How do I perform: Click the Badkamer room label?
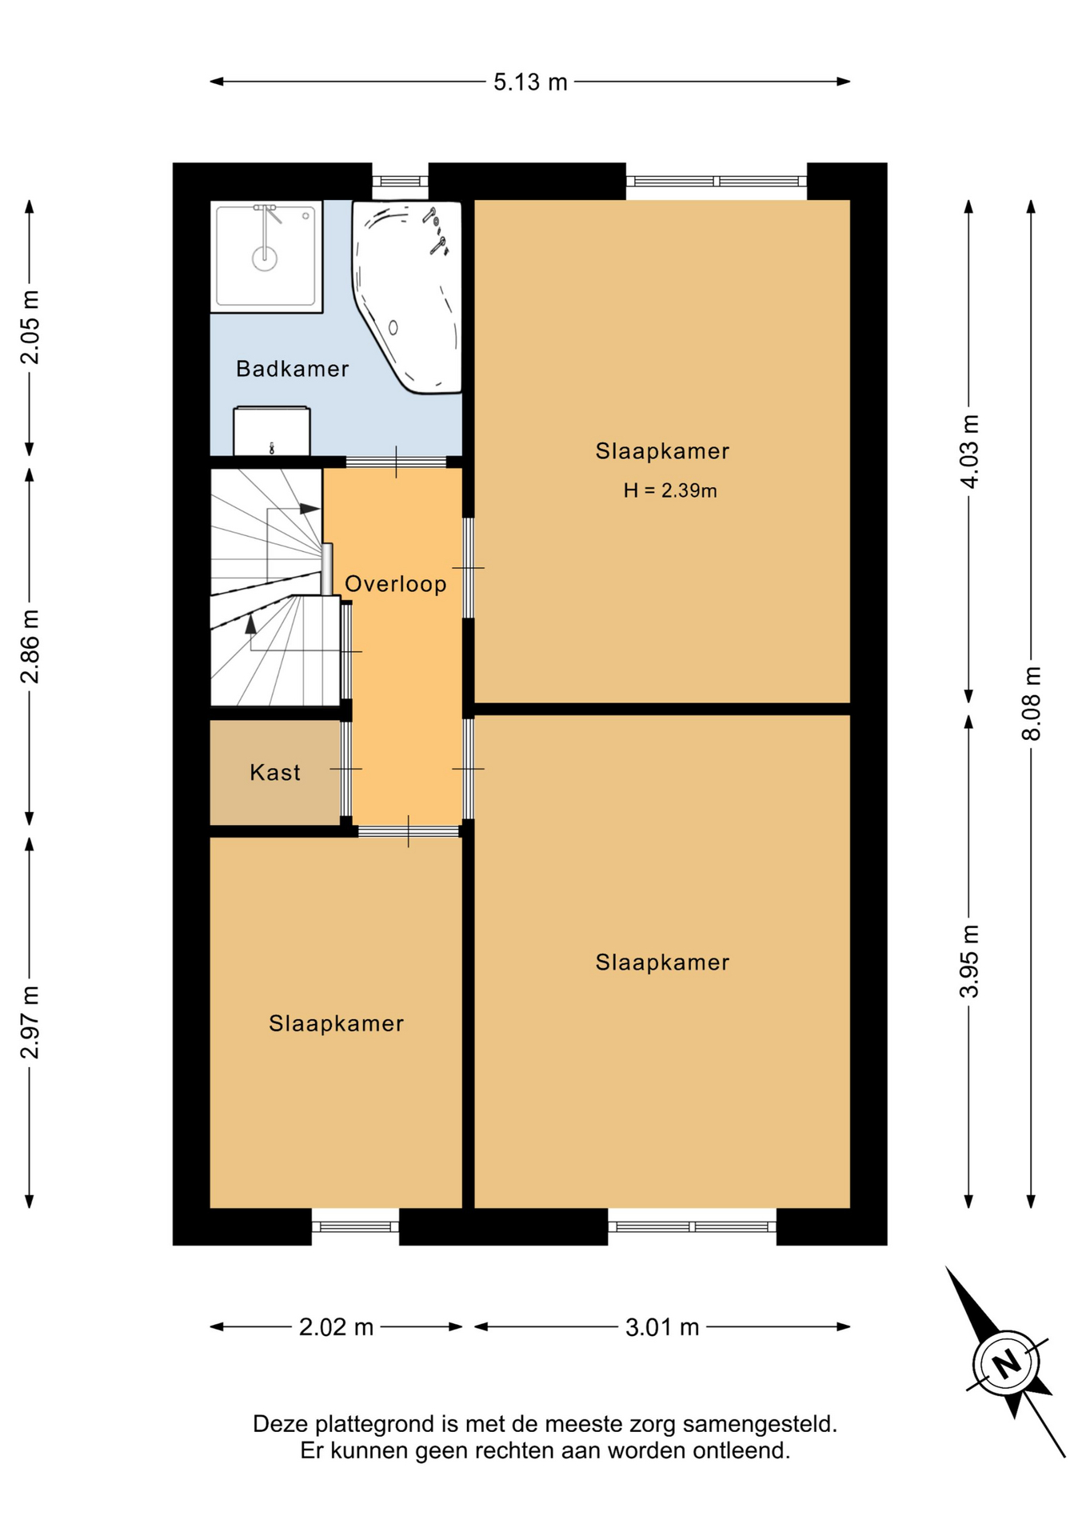tap(292, 369)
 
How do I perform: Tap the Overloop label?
tap(395, 584)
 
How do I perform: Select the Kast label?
tap(274, 772)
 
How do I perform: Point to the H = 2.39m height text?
tap(670, 490)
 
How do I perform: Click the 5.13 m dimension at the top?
tap(530, 82)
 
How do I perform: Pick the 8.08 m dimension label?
tap(1032, 703)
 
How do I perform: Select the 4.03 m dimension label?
tap(969, 451)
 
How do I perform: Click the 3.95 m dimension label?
tap(969, 962)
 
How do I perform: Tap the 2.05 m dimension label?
tap(30, 327)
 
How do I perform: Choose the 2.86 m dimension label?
tap(30, 646)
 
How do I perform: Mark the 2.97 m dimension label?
tap(30, 1022)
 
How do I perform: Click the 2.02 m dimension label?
tap(336, 1327)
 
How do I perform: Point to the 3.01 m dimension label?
tap(662, 1327)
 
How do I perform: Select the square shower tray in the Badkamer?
tap(266, 256)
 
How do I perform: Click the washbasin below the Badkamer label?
tap(272, 431)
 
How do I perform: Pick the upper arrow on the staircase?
tap(293, 509)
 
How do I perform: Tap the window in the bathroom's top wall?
tap(401, 181)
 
